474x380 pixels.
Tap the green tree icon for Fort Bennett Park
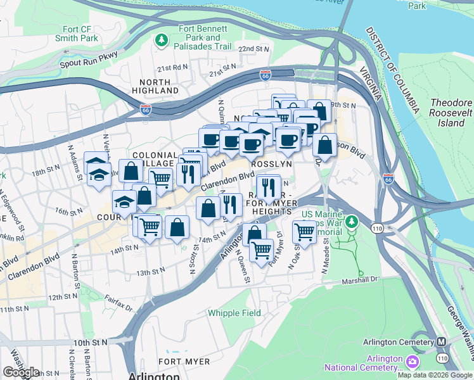pyautogui.click(x=162, y=41)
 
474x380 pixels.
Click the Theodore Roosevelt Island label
pyautogui.click(x=451, y=113)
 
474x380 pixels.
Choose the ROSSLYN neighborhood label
pyautogui.click(x=271, y=163)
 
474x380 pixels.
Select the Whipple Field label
pyautogui.click(x=233, y=313)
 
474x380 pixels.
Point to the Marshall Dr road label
pyautogui.click(x=359, y=280)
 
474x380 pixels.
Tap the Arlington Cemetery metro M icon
pyautogui.click(x=442, y=342)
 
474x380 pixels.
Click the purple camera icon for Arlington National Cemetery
pyautogui.click(x=413, y=362)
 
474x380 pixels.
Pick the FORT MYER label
pyautogui.click(x=184, y=362)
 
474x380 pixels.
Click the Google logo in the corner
pyautogui.click(x=21, y=372)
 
